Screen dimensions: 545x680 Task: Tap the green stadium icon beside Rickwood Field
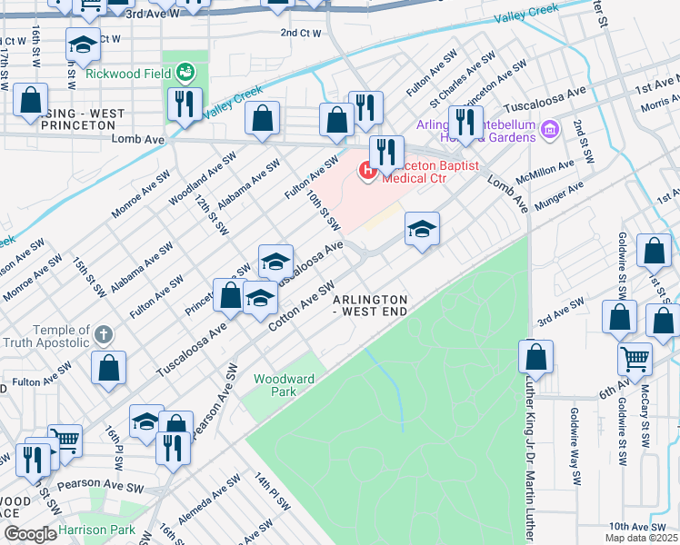(186, 70)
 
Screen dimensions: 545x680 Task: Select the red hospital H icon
(368, 170)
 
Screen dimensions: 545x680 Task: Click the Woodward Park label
(284, 385)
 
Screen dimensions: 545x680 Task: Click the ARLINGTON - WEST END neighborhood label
(369, 305)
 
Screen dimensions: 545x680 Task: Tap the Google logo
(30, 534)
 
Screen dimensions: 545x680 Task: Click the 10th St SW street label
(323, 210)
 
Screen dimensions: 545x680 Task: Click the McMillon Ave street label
(546, 173)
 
